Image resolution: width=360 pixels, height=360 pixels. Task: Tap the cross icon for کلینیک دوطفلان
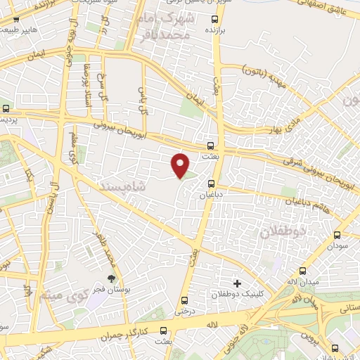tap(237, 283)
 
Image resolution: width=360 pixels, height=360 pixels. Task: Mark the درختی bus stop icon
tap(184, 298)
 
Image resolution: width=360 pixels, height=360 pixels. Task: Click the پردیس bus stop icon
tap(6, 108)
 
